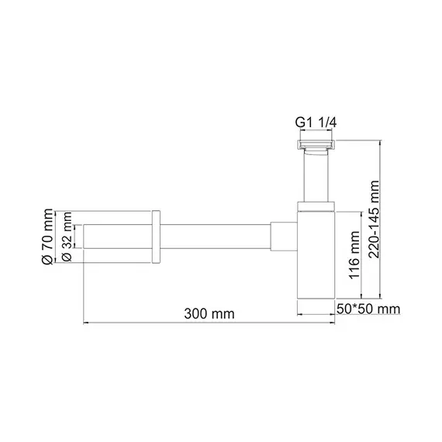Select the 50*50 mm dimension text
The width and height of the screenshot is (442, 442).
[x=368, y=309]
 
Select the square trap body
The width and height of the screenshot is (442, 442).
[x=316, y=260]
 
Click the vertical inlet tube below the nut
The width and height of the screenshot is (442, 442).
[x=315, y=177]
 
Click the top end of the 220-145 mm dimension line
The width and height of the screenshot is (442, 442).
[x=380, y=141]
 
